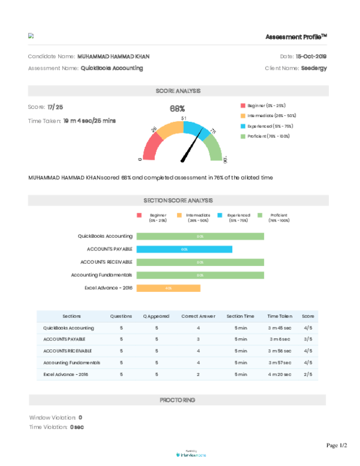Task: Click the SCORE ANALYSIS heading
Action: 178,91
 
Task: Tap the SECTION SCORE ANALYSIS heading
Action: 178,201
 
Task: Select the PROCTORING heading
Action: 177,400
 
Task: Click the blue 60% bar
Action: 184,249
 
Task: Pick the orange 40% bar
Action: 169,288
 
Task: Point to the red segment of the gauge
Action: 152,146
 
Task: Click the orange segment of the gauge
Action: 170,129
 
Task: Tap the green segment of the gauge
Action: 213,148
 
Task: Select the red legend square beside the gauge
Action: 242,105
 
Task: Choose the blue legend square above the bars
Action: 220,215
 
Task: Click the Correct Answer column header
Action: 199,316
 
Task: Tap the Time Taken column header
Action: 280,316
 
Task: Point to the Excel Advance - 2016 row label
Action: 65,374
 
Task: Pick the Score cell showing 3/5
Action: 307,339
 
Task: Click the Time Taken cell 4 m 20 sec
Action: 280,374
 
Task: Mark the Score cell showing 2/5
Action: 307,374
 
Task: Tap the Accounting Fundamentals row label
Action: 71,363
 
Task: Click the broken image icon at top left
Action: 31,35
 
